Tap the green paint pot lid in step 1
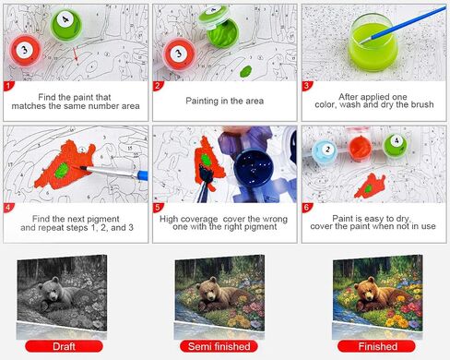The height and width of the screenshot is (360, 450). click(66, 24)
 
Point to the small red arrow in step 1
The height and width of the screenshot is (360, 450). click(76, 54)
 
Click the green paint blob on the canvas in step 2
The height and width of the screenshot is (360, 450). click(245, 71)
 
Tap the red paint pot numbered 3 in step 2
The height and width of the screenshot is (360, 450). click(179, 54)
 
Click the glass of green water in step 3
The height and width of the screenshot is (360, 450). click(373, 41)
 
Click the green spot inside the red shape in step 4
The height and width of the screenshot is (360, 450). click(62, 171)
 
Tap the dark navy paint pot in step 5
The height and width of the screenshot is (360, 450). click(254, 166)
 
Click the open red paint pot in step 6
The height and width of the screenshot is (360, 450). click(360, 147)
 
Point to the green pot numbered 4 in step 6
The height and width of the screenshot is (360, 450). click(395, 145)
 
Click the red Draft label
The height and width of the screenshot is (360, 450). click(64, 346)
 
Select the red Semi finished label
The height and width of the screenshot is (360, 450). click(219, 346)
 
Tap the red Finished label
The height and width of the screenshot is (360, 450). click(377, 346)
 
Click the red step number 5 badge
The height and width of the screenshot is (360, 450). click(158, 208)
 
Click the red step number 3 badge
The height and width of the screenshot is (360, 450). click(307, 86)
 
